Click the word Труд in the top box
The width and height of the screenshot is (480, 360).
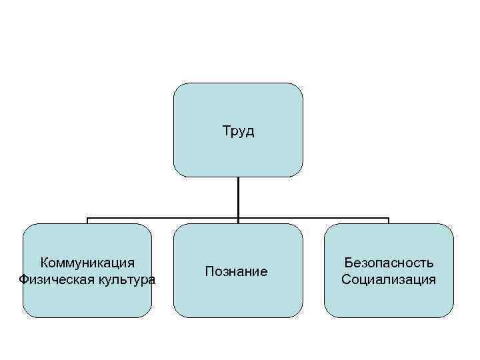[238, 131]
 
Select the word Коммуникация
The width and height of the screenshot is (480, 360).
[87, 263]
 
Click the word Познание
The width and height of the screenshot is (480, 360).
[237, 271]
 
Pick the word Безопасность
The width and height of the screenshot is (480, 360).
[389, 263]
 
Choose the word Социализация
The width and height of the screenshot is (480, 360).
[389, 279]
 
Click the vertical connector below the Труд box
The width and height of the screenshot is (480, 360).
[238, 197]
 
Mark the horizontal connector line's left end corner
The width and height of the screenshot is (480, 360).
[88, 218]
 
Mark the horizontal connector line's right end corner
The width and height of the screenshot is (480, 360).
[389, 218]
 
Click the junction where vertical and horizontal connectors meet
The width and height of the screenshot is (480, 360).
[238, 218]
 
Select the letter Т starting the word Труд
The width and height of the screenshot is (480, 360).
[225, 131]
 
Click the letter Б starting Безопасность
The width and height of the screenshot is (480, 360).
[347, 263]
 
